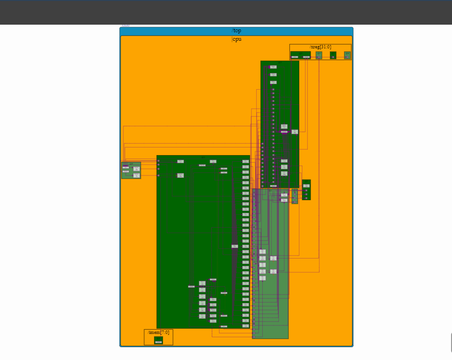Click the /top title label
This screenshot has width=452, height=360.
point(236,31)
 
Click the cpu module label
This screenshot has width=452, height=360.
point(236,39)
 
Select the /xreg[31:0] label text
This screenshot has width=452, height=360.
point(320,46)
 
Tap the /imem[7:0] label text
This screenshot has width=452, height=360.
point(158,332)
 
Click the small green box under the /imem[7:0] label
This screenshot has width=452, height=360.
point(158,340)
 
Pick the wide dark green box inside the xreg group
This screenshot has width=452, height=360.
point(300,55)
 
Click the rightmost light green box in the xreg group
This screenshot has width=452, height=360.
point(347,55)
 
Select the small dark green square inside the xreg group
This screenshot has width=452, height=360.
point(333,55)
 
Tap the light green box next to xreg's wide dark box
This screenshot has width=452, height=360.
point(319,55)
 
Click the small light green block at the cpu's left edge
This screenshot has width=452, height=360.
point(131,170)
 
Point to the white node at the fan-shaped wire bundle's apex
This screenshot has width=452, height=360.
point(234,246)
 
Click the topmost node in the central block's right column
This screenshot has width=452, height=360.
point(245,161)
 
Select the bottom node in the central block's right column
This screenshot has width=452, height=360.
point(245,326)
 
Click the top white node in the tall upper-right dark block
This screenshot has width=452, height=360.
point(273,67)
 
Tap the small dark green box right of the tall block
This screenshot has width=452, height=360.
point(306,189)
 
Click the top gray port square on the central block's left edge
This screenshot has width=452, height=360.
point(158,161)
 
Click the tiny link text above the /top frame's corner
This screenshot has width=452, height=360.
point(125,25)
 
